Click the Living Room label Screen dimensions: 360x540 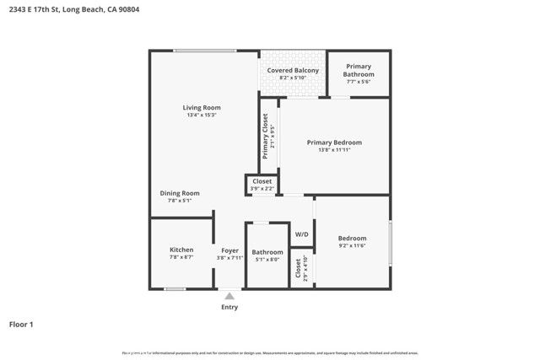tap(202, 107)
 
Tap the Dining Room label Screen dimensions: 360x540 tap(179, 193)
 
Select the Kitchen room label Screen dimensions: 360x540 tap(181, 250)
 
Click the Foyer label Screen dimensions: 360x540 tap(229, 250)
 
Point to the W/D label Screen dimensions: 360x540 tap(301, 234)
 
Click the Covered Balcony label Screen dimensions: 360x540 tap(293, 70)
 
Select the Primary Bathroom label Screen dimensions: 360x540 tap(358, 70)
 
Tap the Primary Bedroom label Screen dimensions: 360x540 tap(334, 142)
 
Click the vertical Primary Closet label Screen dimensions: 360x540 tap(265, 136)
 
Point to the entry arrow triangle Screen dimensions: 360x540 tap(229, 296)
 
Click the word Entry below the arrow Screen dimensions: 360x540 tap(229, 307)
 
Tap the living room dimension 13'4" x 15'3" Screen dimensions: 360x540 tap(202, 116)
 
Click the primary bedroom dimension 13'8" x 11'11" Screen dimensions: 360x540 tap(334, 151)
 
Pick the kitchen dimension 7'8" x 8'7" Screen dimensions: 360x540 tap(181, 258)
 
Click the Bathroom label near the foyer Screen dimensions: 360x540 tap(267, 252)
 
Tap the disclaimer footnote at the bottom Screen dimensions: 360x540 tap(270, 352)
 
